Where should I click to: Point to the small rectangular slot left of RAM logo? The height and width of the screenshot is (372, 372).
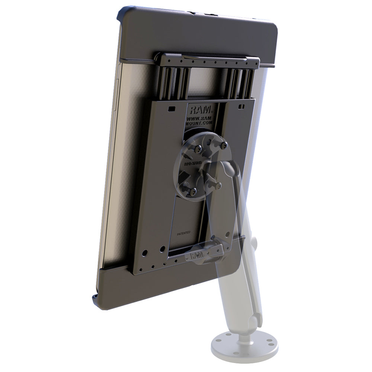171,109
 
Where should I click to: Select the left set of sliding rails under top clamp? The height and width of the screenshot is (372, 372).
173,82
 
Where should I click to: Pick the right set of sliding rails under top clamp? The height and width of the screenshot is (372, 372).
241,80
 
